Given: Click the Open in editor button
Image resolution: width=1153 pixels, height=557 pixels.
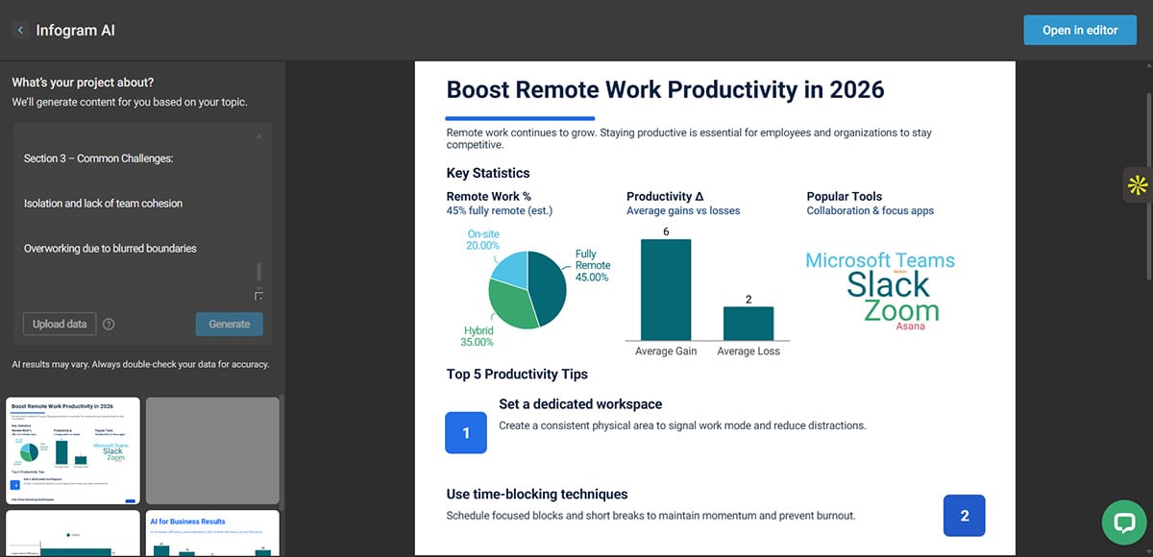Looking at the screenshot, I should [1080, 30].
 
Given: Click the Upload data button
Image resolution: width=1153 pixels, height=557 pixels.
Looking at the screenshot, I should [60, 324].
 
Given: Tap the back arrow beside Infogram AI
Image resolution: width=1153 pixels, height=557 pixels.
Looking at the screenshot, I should [20, 31].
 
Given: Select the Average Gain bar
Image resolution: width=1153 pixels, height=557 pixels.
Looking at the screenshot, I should [666, 289].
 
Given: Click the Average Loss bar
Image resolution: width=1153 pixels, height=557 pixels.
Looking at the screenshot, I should [748, 323].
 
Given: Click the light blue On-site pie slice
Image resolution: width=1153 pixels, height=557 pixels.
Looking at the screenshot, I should [510, 270].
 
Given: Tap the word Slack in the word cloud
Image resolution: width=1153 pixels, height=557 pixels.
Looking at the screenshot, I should [888, 284].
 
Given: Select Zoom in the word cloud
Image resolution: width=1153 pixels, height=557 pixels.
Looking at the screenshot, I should [900, 310].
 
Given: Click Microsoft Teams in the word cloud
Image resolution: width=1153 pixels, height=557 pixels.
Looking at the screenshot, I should [880, 260].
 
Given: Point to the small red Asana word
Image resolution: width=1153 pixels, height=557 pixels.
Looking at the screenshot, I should [910, 327].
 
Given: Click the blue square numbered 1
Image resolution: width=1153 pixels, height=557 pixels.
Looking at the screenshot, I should [466, 433].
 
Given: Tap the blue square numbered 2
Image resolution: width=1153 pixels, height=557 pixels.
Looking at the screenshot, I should [965, 516].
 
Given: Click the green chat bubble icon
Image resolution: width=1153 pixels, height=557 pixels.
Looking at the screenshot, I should [1124, 522].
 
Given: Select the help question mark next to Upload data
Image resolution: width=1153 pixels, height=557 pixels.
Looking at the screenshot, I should [109, 324].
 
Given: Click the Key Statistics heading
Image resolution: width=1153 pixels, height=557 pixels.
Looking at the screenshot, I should [488, 173].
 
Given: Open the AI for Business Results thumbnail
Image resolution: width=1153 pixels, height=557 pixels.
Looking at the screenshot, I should [212, 533].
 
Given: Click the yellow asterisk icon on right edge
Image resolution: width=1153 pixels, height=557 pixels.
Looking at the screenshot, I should [1138, 185].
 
